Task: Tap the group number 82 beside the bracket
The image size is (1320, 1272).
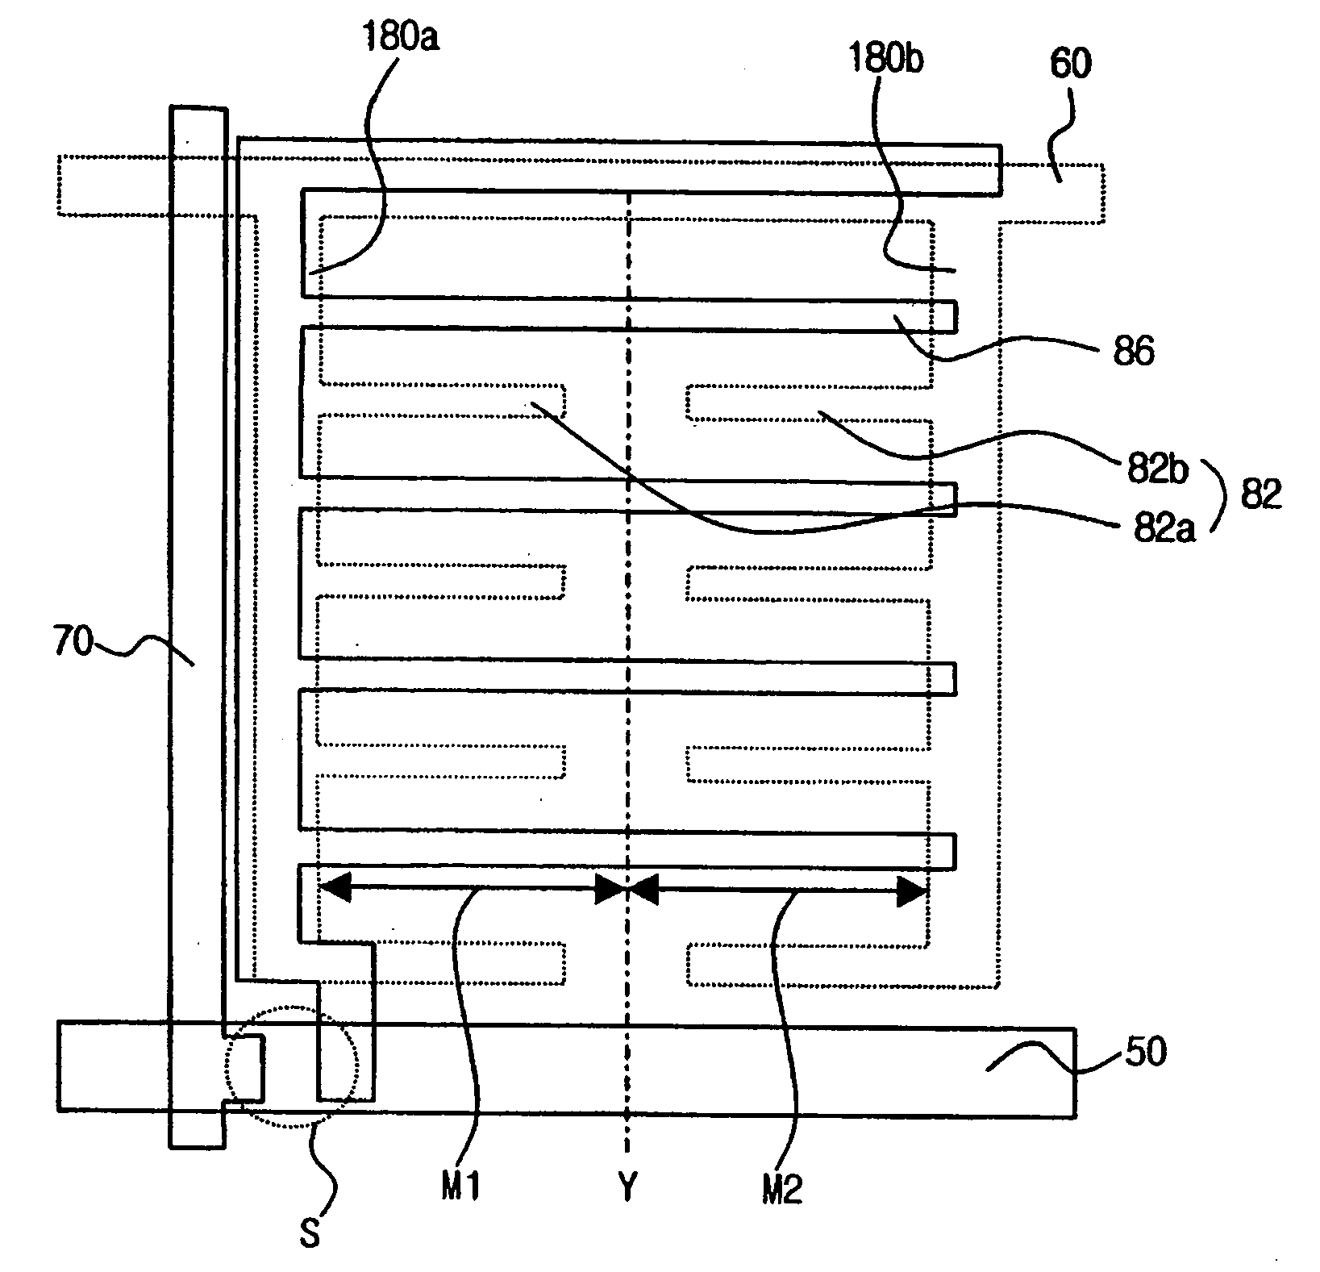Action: point(1260,494)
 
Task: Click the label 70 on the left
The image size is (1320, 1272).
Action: point(73,645)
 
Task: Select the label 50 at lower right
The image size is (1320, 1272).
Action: point(1145,1053)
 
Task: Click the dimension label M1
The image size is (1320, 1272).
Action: point(460,1188)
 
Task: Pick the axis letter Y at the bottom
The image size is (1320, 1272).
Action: point(627,1187)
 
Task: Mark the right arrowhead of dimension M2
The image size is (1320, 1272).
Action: point(913,891)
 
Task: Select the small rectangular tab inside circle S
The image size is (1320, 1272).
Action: point(245,1070)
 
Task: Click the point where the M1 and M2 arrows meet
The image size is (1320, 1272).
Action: point(627,890)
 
